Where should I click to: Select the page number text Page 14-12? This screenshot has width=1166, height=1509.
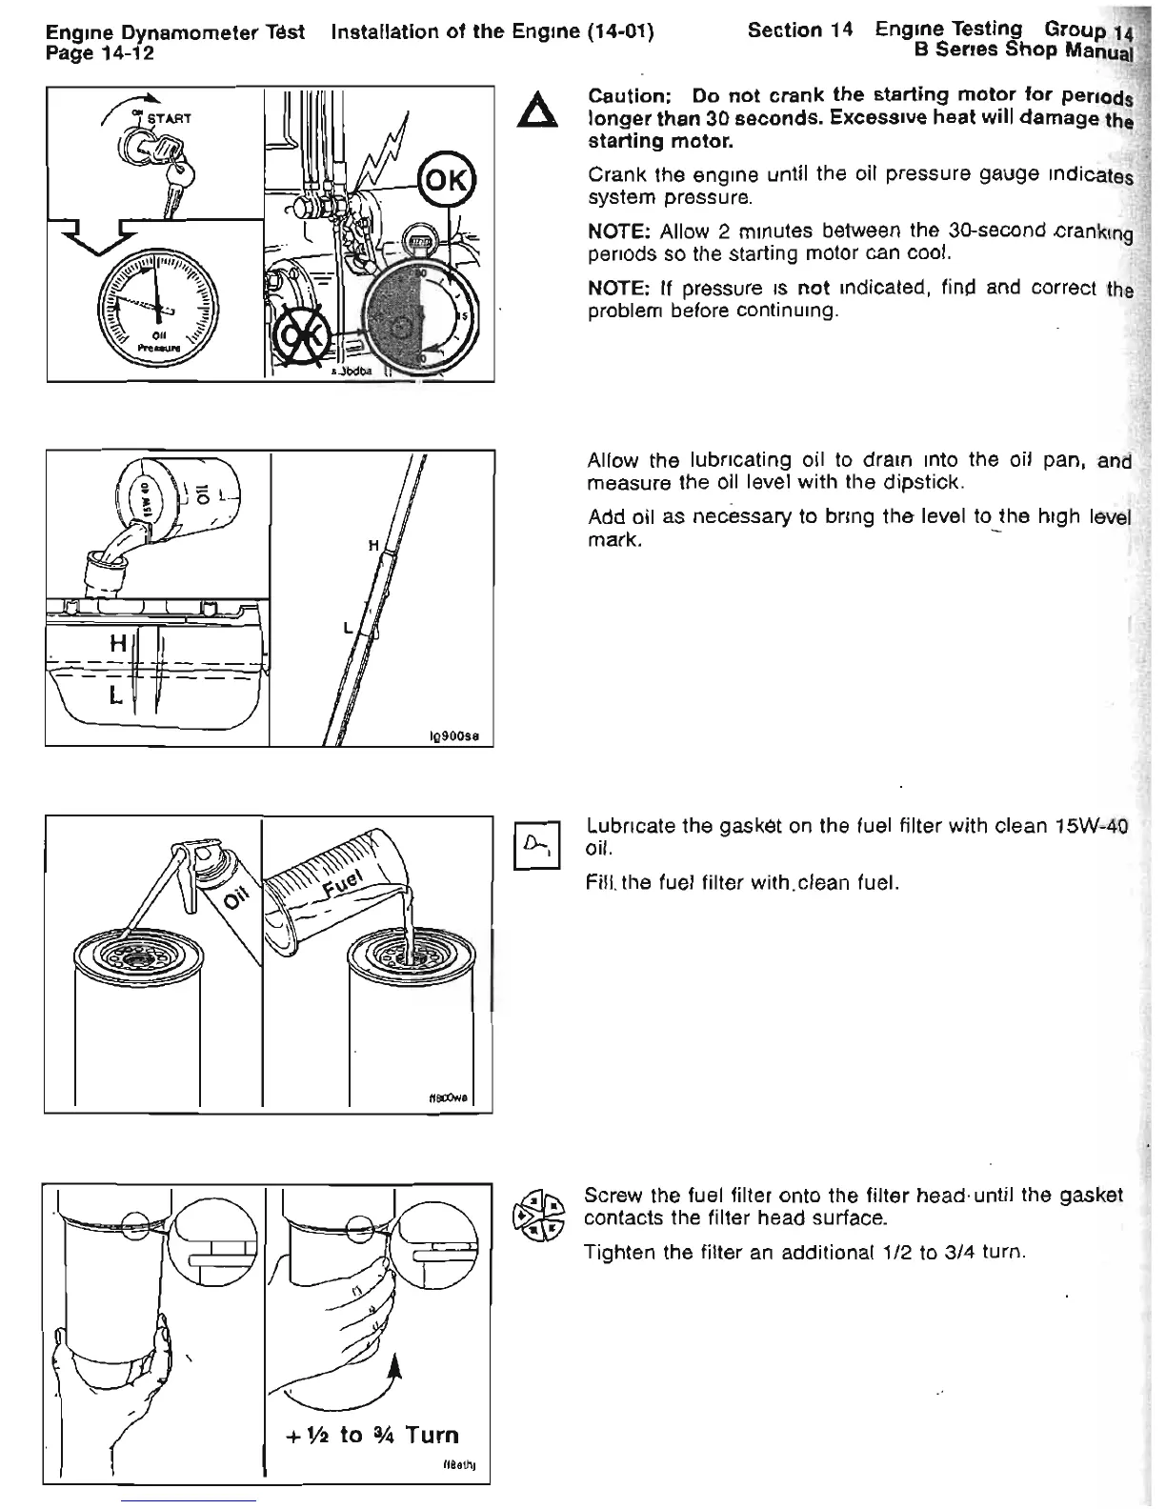point(101,53)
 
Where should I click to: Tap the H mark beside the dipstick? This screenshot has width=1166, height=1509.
point(373,544)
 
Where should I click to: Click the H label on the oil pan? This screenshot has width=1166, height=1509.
point(117,644)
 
